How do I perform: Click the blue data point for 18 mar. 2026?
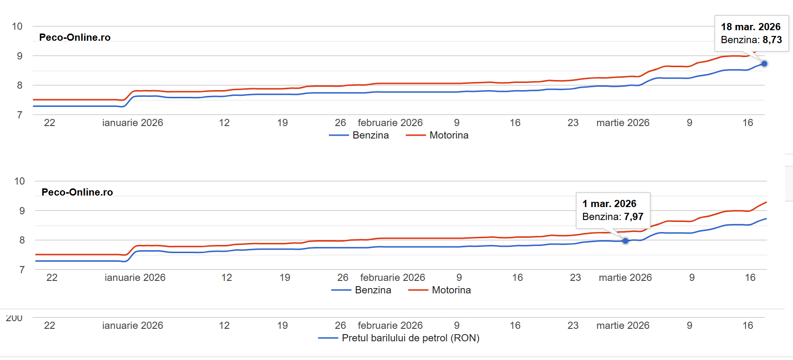click(764, 64)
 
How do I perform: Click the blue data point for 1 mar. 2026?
click(625, 241)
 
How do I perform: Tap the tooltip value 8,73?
click(772, 40)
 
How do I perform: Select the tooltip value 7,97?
click(633, 217)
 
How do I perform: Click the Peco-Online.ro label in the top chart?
click(75, 37)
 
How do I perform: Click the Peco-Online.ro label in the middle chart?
click(77, 192)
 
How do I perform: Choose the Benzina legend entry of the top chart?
click(370, 135)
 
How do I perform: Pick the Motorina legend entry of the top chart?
click(448, 135)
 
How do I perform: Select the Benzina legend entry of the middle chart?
click(373, 290)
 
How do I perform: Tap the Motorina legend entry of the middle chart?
click(451, 290)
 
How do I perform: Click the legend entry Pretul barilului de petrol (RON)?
click(410, 338)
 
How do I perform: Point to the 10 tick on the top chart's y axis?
click(17, 26)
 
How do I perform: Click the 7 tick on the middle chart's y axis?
click(22, 270)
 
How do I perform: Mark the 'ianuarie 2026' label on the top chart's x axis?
click(132, 123)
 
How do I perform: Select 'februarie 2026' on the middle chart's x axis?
click(392, 278)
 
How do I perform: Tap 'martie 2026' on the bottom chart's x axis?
click(622, 325)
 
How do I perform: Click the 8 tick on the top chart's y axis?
click(19, 85)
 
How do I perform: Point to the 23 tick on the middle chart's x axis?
click(575, 278)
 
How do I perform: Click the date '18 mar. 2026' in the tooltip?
click(750, 27)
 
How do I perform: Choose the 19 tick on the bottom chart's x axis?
click(282, 325)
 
